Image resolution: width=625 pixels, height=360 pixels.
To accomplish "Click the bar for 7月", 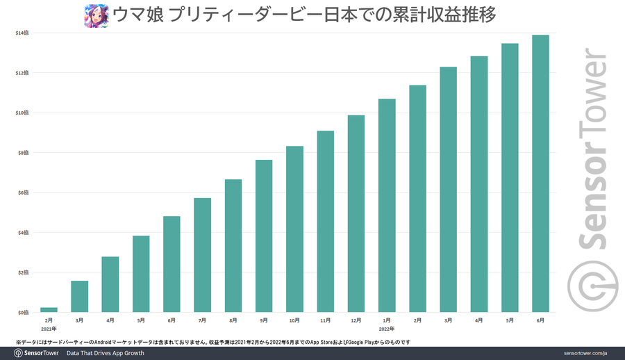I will (203, 255).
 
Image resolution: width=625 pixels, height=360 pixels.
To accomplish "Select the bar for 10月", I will (294, 229).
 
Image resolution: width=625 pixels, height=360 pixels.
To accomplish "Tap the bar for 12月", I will (356, 213).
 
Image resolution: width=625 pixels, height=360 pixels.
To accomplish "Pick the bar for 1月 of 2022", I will (387, 206).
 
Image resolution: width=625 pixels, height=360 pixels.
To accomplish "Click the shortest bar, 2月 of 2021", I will (49, 309).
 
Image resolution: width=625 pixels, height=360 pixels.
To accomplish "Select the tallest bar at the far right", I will (540, 174).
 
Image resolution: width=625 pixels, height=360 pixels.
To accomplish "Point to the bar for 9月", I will (264, 236).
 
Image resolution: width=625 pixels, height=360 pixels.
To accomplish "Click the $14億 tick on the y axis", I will (22, 33).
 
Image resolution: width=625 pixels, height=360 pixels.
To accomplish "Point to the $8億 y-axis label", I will (23, 153).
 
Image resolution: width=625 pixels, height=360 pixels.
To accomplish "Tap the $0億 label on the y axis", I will (23, 313).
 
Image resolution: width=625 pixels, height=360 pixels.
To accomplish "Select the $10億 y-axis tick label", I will (22, 113).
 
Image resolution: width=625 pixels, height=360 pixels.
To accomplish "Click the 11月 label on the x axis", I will (325, 320).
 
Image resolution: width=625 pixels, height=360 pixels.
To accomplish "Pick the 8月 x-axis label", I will (233, 320).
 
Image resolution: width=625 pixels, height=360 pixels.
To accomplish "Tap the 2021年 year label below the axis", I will (49, 328).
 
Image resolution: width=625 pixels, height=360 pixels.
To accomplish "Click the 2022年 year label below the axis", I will (387, 328).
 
